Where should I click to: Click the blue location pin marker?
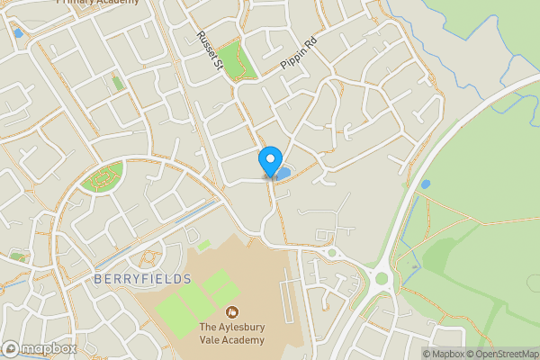269,160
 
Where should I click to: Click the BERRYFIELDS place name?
142,279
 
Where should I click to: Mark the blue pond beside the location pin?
283,172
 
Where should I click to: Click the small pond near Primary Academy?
18,33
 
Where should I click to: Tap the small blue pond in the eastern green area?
426,184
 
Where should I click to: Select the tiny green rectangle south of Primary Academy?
117,83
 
